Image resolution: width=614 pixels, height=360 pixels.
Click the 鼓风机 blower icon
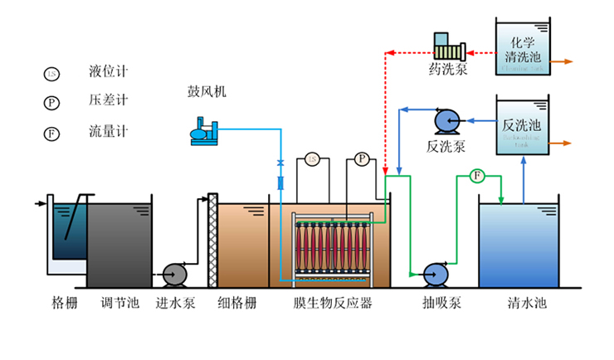(204, 131)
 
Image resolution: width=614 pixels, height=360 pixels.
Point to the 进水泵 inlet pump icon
(175, 273)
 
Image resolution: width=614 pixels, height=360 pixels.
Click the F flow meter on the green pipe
(476, 175)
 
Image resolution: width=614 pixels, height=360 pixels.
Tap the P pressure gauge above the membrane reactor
(362, 158)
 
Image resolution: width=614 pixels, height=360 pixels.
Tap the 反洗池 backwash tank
(523, 128)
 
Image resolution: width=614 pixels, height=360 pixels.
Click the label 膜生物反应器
(333, 304)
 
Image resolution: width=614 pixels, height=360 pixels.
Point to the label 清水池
(528, 304)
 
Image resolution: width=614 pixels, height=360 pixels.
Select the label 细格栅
(236, 304)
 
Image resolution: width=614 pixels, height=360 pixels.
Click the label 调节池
(119, 304)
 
